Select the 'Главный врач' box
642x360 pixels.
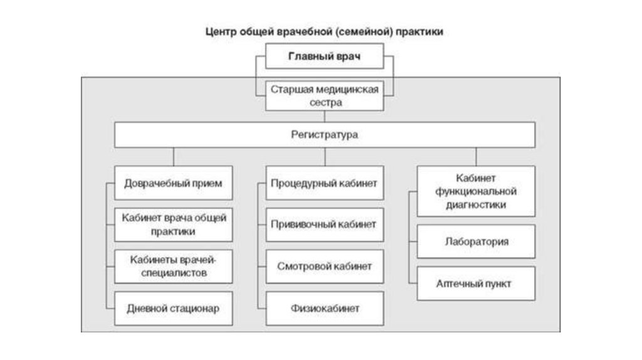pyautogui.click(x=325, y=57)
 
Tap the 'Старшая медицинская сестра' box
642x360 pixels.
pyautogui.click(x=325, y=96)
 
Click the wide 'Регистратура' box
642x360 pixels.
pyautogui.click(x=325, y=135)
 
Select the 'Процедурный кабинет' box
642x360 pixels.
pyautogui.click(x=325, y=183)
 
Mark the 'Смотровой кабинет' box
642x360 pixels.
pyautogui.click(x=325, y=266)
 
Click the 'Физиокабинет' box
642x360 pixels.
pyautogui.click(x=325, y=308)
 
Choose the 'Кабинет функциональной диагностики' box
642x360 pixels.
pyautogui.click(x=476, y=191)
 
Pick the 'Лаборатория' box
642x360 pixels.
pyautogui.click(x=476, y=241)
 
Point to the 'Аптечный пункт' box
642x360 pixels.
pyautogui.click(x=476, y=283)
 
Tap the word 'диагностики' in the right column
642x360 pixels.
pyautogui.click(x=477, y=204)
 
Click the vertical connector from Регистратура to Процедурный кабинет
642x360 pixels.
pyautogui.click(x=325, y=157)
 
